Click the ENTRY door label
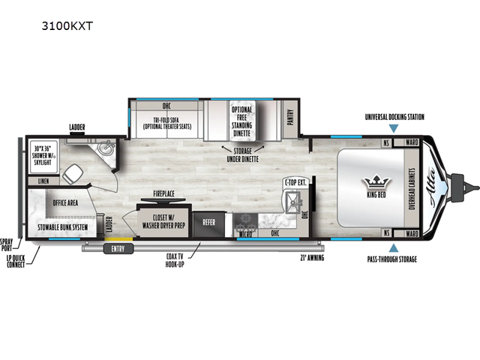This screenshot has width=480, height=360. (x=118, y=248)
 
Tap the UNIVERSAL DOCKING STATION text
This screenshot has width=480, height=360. (x=394, y=117)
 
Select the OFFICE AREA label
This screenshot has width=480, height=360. (x=67, y=202)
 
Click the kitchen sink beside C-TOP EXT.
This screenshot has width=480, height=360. (x=292, y=202)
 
